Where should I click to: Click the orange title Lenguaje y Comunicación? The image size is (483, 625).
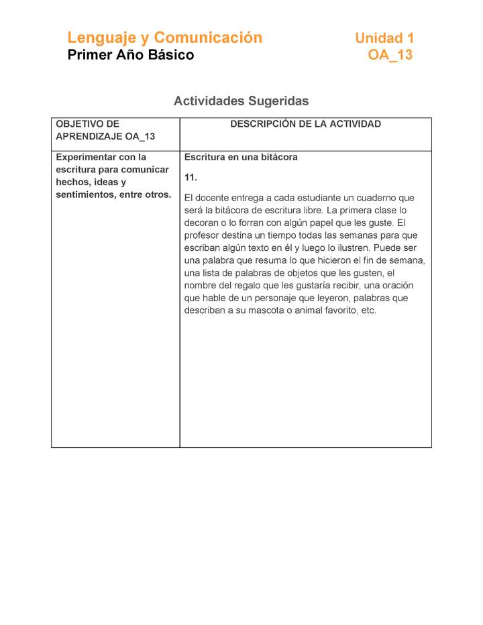(x=164, y=38)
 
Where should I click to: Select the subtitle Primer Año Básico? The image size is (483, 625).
(x=130, y=55)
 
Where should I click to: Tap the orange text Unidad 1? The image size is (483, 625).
(x=384, y=38)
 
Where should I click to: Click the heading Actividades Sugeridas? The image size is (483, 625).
(x=241, y=101)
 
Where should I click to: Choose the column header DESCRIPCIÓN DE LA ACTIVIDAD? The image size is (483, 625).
(x=305, y=124)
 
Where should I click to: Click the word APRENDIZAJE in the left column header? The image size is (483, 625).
(x=88, y=137)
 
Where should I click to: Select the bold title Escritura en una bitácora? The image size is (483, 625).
(x=241, y=157)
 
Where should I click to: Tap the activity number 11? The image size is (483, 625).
(x=191, y=178)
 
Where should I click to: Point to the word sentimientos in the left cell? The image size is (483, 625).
(x=85, y=194)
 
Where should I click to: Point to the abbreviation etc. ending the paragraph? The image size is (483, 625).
(x=368, y=310)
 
